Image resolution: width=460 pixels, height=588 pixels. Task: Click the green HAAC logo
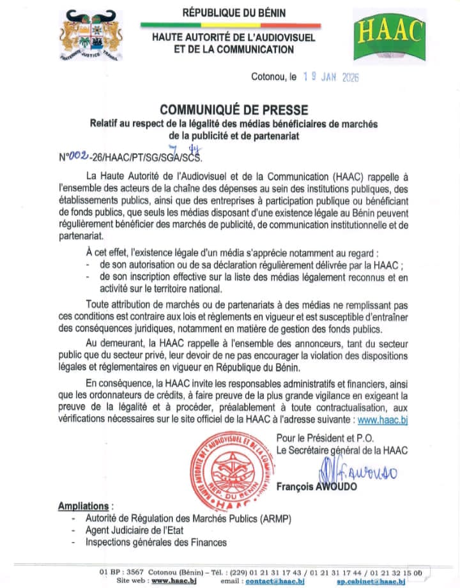point(389,38)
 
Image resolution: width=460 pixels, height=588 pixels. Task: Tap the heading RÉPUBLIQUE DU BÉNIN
point(234,12)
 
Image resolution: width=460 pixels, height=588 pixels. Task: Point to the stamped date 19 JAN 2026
point(331,77)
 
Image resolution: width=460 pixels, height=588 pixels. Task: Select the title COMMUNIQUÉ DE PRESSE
point(233,110)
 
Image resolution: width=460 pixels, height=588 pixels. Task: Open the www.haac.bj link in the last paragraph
point(382,420)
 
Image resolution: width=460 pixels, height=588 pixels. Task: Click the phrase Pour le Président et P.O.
point(325,438)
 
